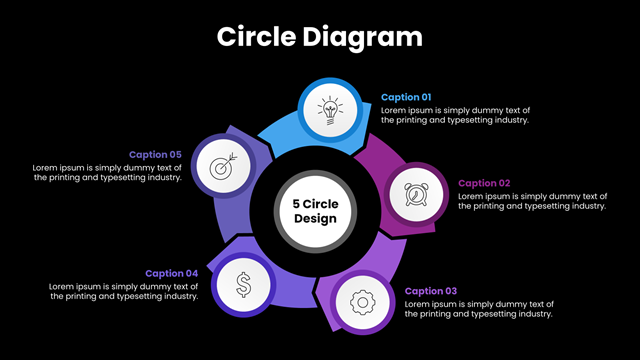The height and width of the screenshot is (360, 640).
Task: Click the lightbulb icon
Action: [330, 110]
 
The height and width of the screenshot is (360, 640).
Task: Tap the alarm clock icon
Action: [416, 194]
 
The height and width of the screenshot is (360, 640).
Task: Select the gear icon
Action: [362, 302]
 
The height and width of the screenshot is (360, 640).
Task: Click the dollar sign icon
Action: [243, 284]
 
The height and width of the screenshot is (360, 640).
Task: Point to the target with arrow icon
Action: [223, 166]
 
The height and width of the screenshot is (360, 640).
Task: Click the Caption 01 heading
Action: [406, 97]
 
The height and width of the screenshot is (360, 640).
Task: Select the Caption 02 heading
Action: [484, 183]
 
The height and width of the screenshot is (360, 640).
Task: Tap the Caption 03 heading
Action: [431, 291]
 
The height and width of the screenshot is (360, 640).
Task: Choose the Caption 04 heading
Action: [171, 273]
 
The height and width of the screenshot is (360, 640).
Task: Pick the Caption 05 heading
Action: [155, 155]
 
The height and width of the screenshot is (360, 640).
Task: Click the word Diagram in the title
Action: [362, 38]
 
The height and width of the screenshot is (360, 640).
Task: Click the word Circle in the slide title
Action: [256, 37]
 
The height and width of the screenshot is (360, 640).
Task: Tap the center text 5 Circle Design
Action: [316, 211]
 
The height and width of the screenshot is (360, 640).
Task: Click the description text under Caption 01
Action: [456, 115]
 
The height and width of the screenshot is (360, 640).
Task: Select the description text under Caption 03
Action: [479, 309]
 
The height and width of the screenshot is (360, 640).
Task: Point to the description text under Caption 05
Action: [107, 173]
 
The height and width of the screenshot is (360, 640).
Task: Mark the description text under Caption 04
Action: [123, 291]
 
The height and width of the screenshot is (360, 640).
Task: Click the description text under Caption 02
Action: [533, 201]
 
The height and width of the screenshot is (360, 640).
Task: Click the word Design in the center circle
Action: [316, 219]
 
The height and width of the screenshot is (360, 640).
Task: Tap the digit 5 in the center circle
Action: [296, 204]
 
